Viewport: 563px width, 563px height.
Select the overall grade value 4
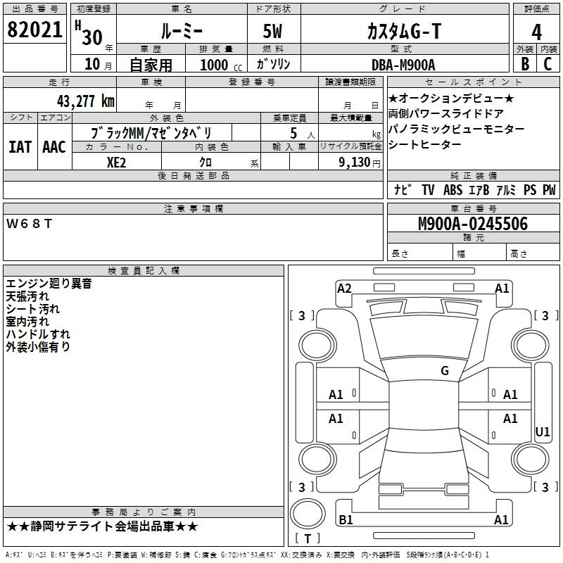coord(536,32)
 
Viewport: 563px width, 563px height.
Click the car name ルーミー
coord(181,31)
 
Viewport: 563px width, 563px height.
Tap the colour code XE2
coord(117,161)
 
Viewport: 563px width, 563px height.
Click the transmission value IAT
coord(20,146)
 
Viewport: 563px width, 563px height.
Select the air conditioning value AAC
coord(53,146)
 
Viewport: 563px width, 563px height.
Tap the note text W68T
coord(30,224)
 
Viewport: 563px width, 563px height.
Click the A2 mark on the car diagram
coord(344,288)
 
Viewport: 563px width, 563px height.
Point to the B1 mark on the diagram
coord(346,520)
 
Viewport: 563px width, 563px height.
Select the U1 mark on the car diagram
coord(542,431)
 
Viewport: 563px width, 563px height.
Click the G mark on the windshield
coord(445,371)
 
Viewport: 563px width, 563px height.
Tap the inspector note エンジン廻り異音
coord(49,284)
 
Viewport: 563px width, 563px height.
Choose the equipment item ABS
coord(453,190)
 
